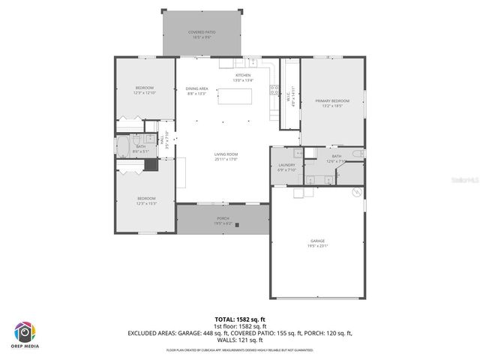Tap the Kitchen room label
tap(243, 76)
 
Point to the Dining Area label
tap(196, 89)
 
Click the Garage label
tap(318, 241)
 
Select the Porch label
tap(223, 219)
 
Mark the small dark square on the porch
tap(238, 224)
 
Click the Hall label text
tap(162, 139)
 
